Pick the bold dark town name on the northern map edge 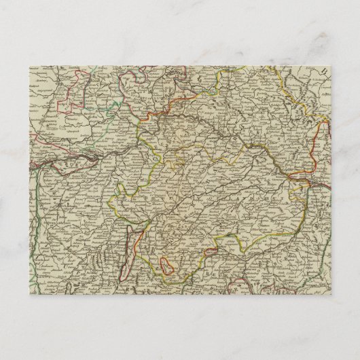[175, 70]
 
